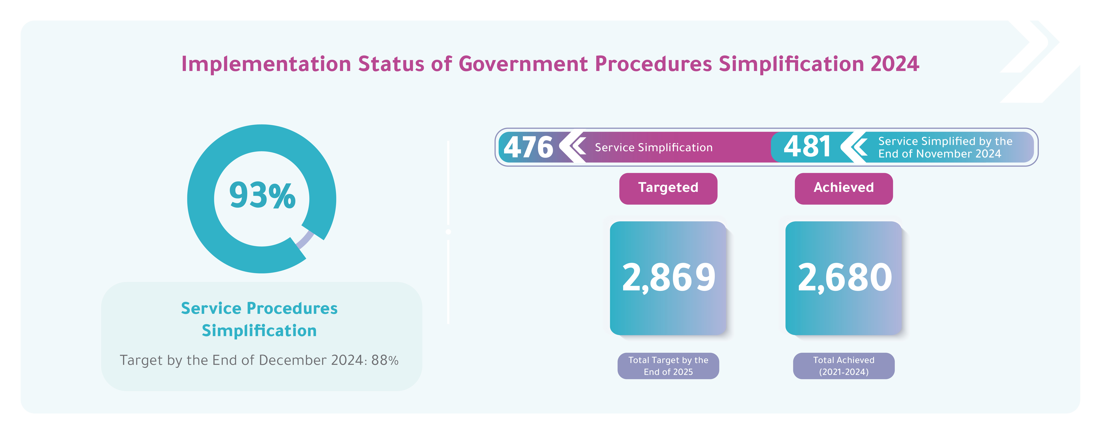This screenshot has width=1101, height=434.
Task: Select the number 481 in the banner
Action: (807, 147)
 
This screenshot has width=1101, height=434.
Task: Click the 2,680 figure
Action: (845, 278)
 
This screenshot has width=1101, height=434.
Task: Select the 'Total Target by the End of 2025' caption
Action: (668, 366)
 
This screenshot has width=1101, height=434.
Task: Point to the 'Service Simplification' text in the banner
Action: (653, 147)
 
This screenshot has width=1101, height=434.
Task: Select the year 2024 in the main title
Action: (895, 64)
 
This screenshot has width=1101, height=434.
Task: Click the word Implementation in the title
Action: (266, 64)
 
